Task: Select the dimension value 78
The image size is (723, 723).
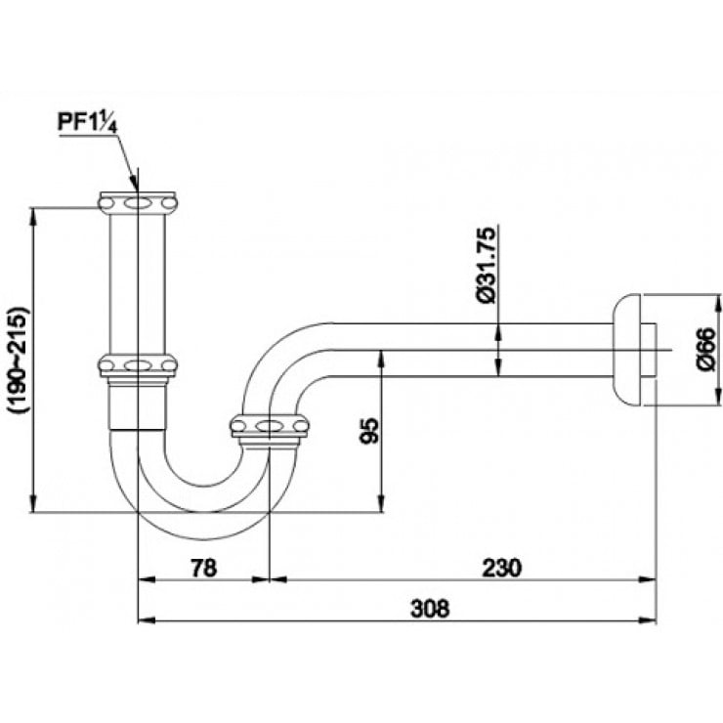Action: [202, 567]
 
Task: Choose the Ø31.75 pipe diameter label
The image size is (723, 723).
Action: [488, 265]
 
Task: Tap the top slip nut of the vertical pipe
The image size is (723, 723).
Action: [138, 202]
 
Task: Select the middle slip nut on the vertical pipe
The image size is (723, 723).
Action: [138, 365]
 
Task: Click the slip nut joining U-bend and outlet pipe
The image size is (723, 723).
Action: [269, 426]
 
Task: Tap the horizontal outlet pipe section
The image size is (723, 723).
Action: [469, 349]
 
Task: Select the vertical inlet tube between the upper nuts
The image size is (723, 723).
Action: [138, 283]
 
